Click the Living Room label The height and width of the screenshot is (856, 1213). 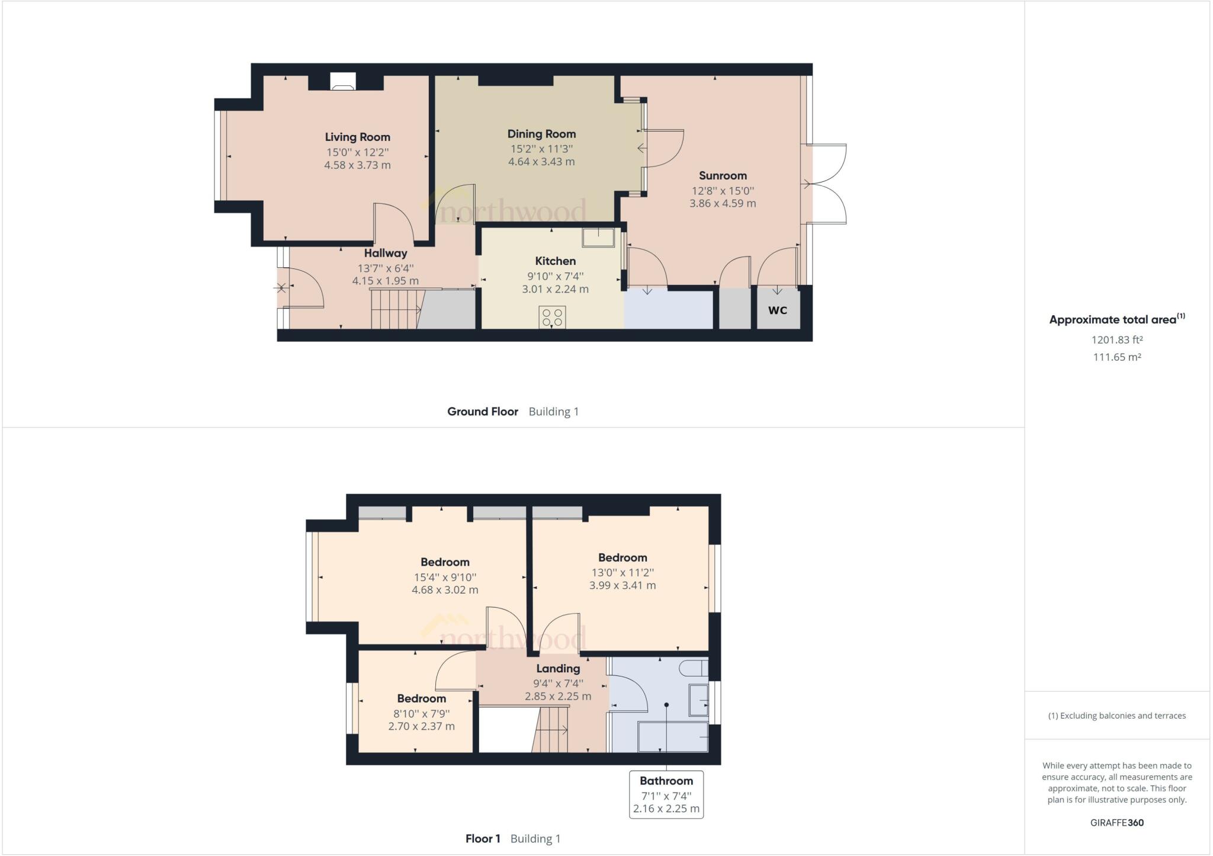(357, 137)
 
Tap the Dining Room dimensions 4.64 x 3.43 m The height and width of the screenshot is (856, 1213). (541, 162)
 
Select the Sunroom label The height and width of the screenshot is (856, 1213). (723, 175)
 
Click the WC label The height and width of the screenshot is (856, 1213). (777, 310)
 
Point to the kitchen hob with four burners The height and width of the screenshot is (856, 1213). (552, 317)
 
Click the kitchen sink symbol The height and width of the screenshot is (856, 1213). (598, 237)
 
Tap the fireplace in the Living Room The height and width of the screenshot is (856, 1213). (343, 81)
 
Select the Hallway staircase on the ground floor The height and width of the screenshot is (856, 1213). (395, 309)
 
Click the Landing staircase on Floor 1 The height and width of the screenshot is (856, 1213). (552, 730)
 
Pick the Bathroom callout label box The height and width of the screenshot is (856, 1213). (666, 794)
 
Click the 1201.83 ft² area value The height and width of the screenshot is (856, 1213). (1116, 340)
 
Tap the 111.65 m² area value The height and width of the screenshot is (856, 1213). (1116, 357)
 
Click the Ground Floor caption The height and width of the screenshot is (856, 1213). (482, 412)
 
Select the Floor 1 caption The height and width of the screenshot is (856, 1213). (483, 839)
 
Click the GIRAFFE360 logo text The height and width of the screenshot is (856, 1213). (1116, 823)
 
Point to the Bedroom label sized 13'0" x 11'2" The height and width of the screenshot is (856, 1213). (622, 557)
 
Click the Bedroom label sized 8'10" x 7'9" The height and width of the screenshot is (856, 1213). (421, 698)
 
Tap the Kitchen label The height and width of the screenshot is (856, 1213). (555, 261)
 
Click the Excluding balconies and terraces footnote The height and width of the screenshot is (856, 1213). (1116, 716)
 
